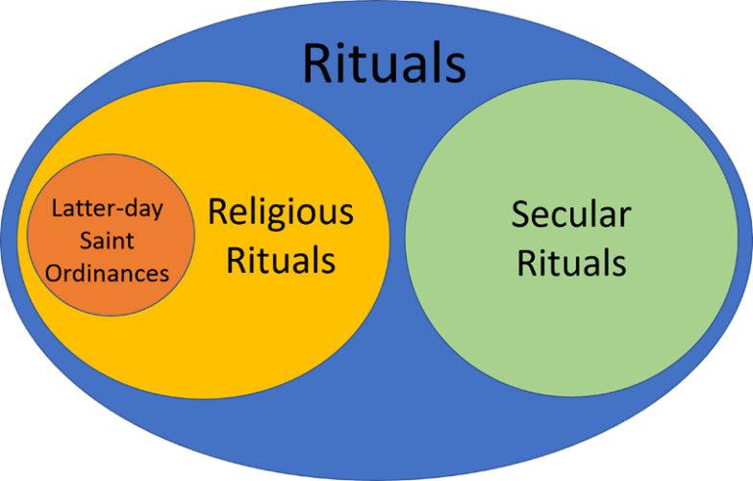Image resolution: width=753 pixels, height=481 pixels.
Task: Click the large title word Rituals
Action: click(384, 63)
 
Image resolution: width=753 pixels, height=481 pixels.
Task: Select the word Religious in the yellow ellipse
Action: click(281, 214)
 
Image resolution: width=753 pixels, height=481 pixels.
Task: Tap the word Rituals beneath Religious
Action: click(281, 259)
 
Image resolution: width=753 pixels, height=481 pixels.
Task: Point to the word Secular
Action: click(571, 215)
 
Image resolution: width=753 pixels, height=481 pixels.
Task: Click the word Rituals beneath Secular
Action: click(571, 261)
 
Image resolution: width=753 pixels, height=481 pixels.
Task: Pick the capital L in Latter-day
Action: click(57, 209)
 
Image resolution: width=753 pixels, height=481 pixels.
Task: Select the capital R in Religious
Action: click(218, 213)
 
